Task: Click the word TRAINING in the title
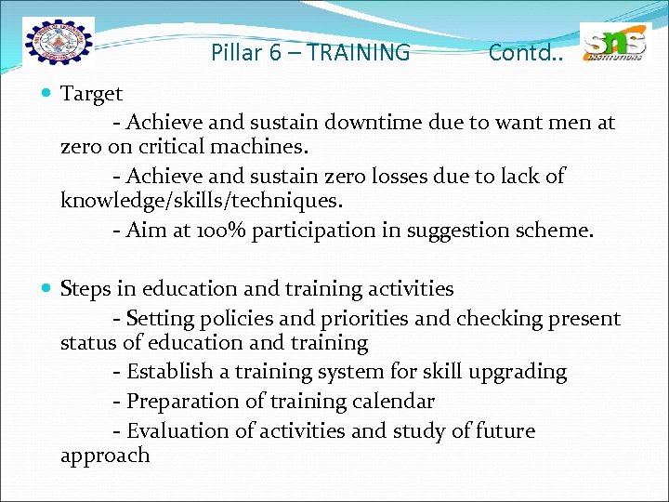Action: [358, 53]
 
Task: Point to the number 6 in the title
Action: [275, 53]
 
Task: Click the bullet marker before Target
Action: [47, 94]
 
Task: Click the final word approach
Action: [104, 456]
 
